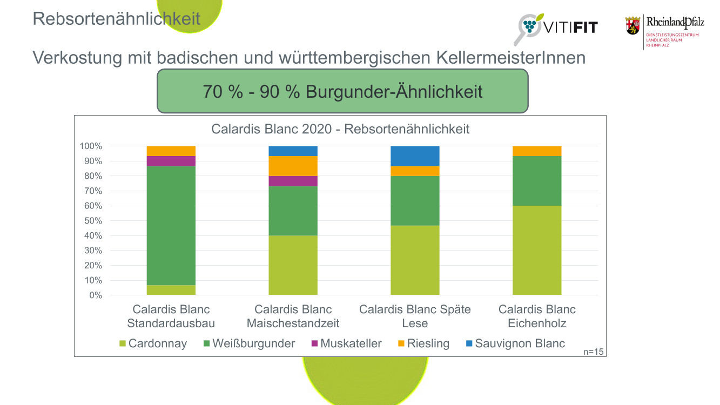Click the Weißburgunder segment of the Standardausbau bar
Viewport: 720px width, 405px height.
(x=171, y=225)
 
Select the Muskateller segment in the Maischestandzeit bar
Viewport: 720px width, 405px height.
(x=293, y=180)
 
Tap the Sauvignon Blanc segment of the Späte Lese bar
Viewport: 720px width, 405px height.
(x=415, y=156)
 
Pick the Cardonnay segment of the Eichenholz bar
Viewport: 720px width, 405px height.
(x=537, y=250)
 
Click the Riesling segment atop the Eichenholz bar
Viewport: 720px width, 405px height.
(x=537, y=151)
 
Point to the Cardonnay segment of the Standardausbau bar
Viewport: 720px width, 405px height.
(x=171, y=290)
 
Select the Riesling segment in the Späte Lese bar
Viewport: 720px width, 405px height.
(x=415, y=171)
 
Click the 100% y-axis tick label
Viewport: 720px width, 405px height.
(x=90, y=146)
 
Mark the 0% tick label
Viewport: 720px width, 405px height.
(x=95, y=295)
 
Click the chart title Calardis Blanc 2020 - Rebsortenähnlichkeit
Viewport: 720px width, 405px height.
(x=340, y=129)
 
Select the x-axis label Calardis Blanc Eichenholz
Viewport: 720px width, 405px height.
(x=537, y=316)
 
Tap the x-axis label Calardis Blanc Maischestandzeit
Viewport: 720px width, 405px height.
(x=293, y=316)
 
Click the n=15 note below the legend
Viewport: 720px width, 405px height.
(x=594, y=352)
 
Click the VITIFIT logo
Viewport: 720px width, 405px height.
(x=556, y=27)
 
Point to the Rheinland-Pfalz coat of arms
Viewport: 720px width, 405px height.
(x=632, y=26)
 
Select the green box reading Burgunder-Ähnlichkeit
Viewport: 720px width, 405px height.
(x=342, y=91)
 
